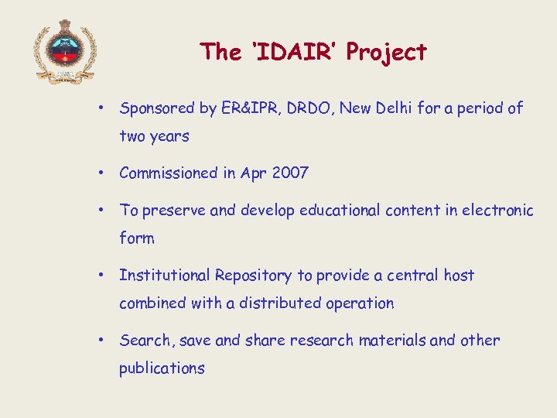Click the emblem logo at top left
[x=65, y=51]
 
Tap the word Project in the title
[x=386, y=52]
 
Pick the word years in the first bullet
[x=169, y=137]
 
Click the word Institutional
[x=165, y=276]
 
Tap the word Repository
[x=254, y=276]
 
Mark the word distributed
[x=282, y=303]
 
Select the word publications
[x=162, y=368]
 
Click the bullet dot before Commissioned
[x=102, y=173]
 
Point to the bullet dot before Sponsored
[x=102, y=108]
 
